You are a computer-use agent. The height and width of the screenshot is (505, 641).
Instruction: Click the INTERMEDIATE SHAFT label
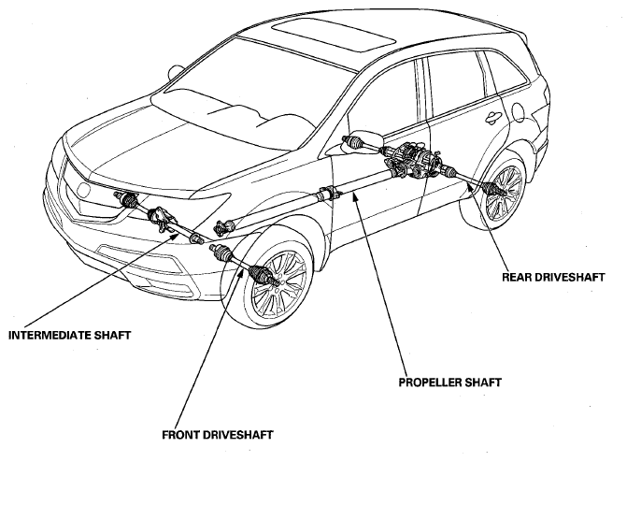[x=69, y=335]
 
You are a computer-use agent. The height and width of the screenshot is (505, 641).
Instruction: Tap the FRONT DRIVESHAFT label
[x=218, y=435]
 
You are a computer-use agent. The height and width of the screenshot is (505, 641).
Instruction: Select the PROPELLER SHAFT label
[x=450, y=382]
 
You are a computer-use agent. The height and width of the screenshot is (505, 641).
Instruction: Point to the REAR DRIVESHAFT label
[x=553, y=277]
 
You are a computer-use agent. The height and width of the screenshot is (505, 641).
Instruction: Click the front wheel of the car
[x=278, y=283]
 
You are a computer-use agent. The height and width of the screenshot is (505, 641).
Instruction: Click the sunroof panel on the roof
[x=334, y=36]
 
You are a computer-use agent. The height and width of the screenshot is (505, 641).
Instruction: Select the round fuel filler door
[x=518, y=112]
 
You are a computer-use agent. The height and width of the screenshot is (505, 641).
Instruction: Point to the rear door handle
[x=492, y=118]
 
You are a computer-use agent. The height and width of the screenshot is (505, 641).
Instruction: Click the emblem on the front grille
[x=84, y=190]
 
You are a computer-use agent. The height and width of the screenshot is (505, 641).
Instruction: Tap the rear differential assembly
[x=413, y=161]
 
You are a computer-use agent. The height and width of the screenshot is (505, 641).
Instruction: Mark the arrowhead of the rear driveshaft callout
[x=470, y=187]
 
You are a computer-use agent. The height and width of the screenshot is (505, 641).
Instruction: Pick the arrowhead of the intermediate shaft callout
[x=176, y=235]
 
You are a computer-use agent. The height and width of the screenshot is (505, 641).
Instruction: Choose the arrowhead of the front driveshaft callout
[x=242, y=272]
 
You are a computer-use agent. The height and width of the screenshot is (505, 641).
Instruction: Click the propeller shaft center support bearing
[x=328, y=193]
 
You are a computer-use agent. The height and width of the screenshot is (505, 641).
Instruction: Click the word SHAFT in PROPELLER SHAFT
[x=482, y=382]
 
